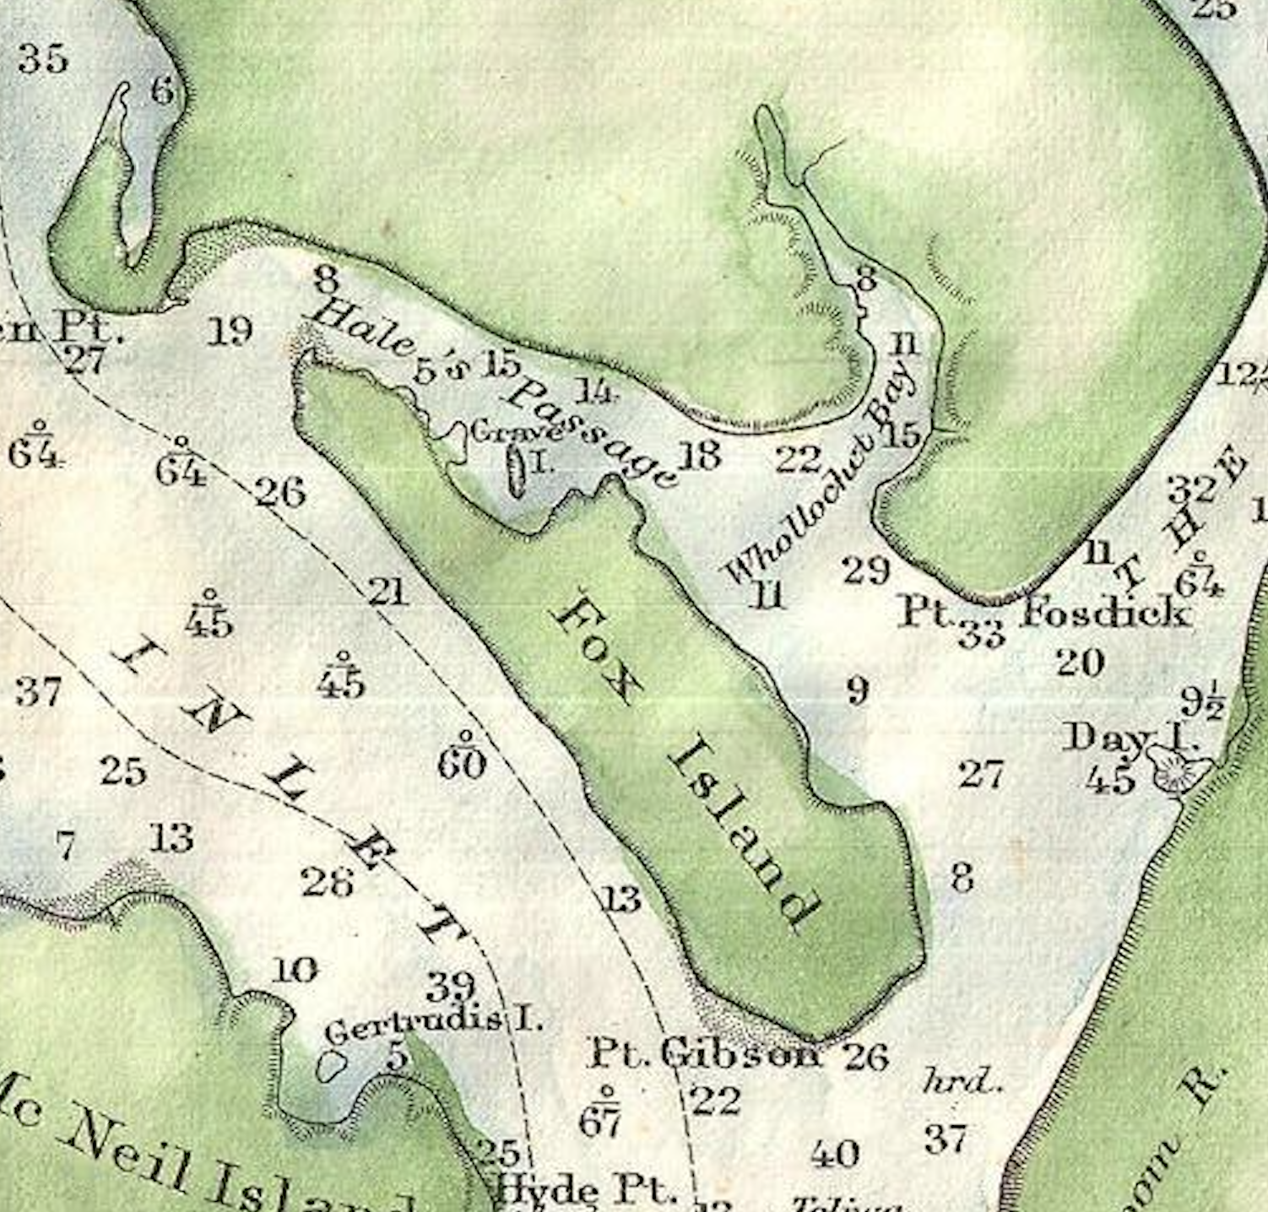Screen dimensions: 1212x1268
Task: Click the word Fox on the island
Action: point(594,649)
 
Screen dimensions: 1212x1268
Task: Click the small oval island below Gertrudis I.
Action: point(331,1066)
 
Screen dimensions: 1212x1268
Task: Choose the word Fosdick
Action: point(1106,610)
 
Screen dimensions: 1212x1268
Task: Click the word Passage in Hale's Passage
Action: point(591,431)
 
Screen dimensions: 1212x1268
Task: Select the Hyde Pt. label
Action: point(585,1191)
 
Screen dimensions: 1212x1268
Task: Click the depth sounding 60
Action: point(462,764)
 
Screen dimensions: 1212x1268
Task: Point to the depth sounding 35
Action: point(42,59)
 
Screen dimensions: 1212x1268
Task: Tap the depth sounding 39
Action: point(451,986)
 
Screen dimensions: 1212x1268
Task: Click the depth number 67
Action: point(600,1122)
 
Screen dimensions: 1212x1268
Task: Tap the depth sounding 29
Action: point(866,571)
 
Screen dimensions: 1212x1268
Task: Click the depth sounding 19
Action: point(230,330)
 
